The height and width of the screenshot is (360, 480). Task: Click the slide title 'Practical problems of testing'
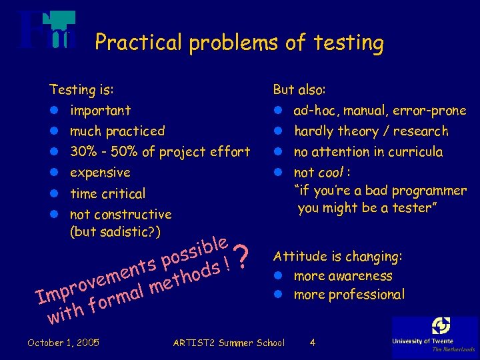239,43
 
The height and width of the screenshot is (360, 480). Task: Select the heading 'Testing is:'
81,89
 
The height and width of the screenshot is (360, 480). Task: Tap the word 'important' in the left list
100,111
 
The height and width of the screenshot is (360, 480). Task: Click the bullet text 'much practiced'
117,131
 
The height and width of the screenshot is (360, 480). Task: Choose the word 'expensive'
100,173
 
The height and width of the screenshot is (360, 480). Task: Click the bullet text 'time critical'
107,194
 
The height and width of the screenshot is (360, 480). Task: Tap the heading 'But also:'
299,89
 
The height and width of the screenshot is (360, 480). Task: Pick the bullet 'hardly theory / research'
371,131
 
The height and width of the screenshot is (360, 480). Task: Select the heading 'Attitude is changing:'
338,257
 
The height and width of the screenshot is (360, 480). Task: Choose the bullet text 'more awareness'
343,276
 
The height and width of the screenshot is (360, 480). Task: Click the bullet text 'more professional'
349,295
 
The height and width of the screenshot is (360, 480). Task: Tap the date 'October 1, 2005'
63,343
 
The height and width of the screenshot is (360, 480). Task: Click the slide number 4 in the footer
313,343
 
